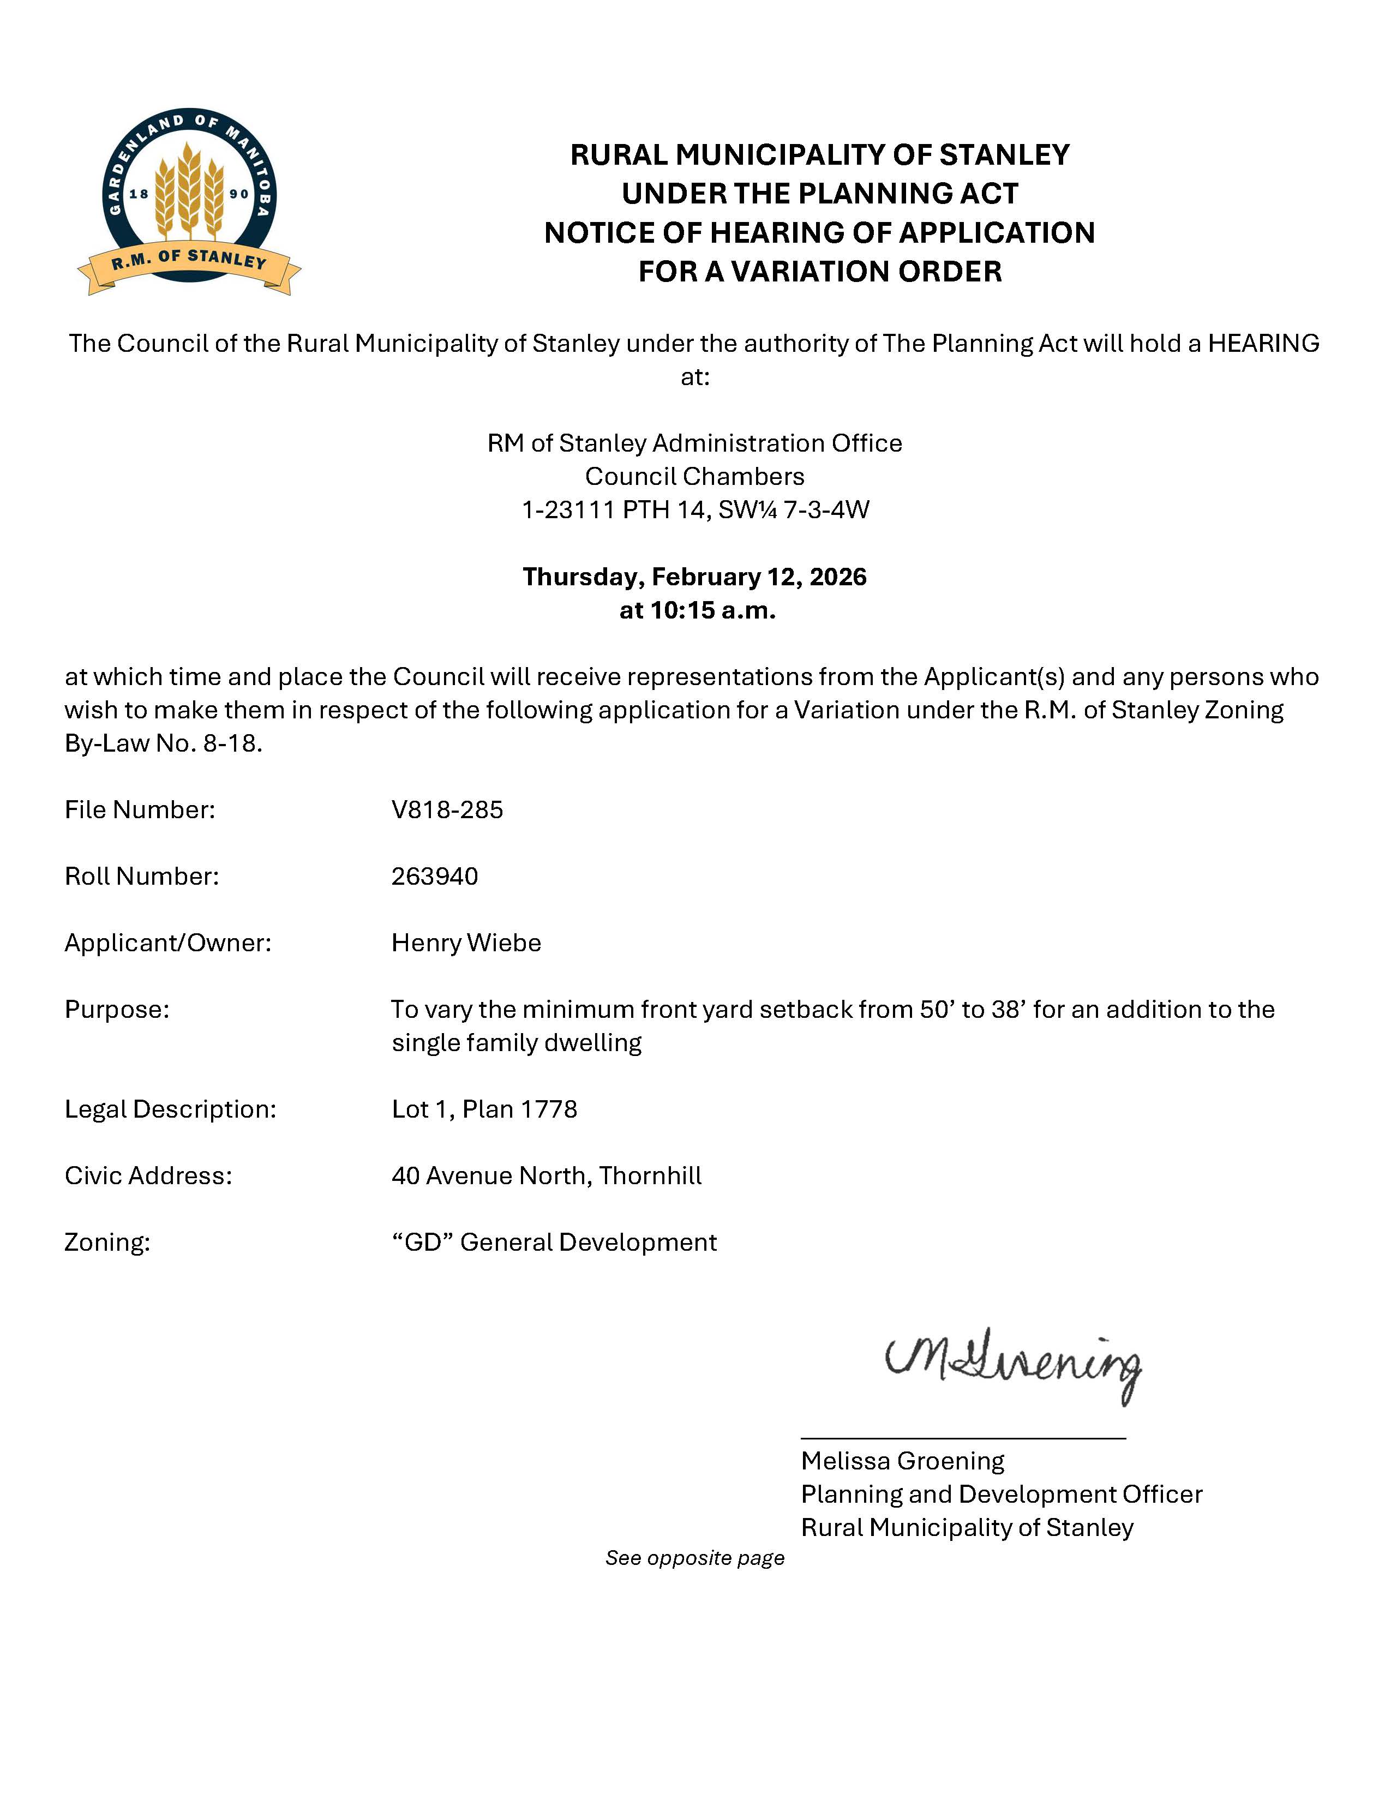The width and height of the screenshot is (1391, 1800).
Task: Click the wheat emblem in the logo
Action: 189,190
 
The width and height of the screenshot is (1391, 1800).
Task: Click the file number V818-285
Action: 447,810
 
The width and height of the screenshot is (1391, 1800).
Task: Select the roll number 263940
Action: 434,876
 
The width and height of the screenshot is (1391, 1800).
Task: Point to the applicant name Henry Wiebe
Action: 466,943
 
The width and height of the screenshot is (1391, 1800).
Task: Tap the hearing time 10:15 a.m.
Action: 697,611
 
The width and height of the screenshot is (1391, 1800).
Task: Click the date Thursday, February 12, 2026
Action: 694,577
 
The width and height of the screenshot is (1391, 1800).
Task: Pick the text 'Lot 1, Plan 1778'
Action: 484,1109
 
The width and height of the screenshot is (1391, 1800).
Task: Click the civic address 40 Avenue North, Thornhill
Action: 547,1176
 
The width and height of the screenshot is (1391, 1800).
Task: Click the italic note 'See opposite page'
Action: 694,1558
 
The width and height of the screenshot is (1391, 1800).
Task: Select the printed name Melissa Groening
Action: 902,1461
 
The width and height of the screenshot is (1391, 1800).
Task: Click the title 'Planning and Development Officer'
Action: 1001,1494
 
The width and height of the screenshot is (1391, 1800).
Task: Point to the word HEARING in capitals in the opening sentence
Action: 1263,343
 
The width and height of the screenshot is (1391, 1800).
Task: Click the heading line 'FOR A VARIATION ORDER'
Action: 820,271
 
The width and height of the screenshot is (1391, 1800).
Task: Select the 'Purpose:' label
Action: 117,1010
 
